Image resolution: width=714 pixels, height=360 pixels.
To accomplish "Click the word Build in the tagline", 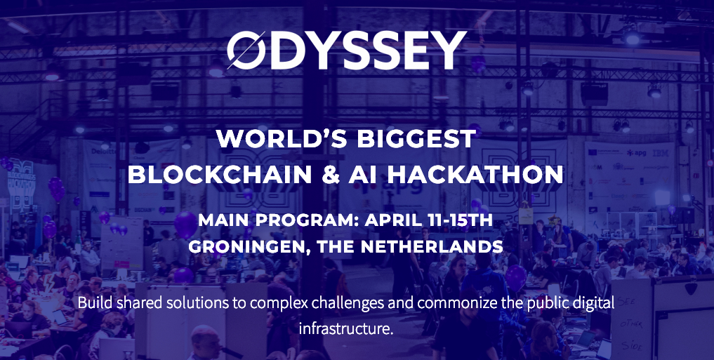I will (93, 305).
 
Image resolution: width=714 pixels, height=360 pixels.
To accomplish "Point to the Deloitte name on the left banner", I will (100, 150).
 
